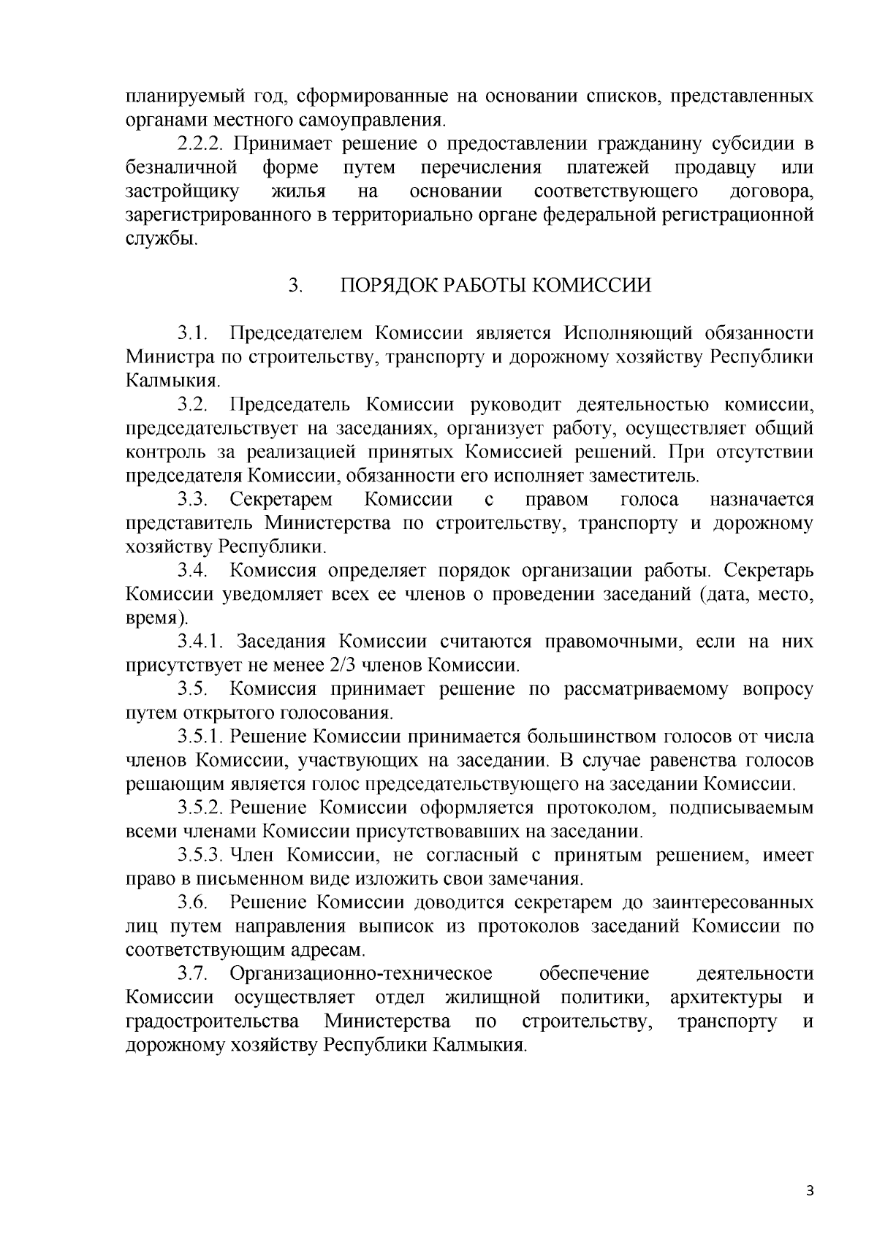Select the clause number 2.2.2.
[202, 144]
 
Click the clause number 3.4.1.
[202, 642]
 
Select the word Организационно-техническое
[360, 974]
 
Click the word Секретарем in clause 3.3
[281, 500]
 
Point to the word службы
[160, 239]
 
